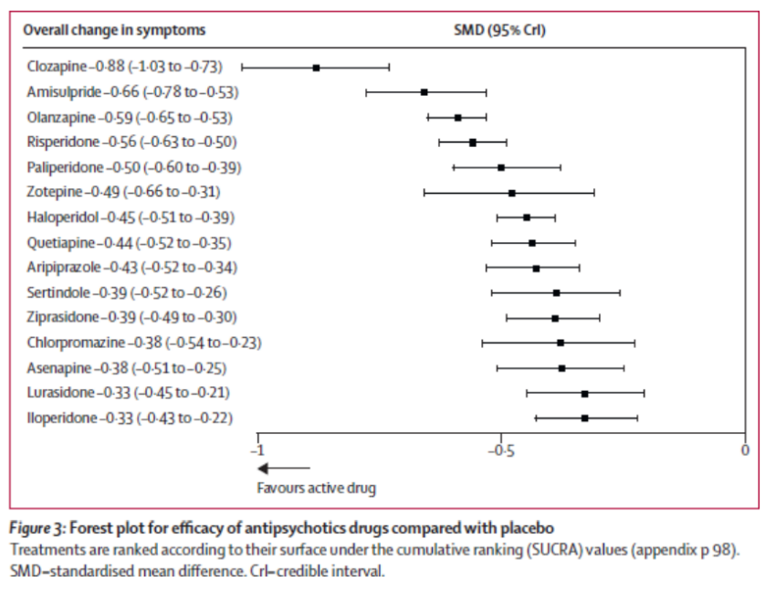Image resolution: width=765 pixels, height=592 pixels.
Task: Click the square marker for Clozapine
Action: [x=316, y=68]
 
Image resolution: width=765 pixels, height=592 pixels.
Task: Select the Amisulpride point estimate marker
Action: [x=424, y=92]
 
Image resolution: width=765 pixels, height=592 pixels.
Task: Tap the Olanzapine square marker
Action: [x=458, y=118]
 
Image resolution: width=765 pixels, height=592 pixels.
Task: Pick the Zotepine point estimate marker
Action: [x=512, y=193]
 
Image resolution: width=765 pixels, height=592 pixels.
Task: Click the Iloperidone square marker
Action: [x=584, y=418]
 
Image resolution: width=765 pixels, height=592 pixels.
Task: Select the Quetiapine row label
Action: [x=130, y=243]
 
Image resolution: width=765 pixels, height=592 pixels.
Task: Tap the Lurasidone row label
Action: [x=129, y=393]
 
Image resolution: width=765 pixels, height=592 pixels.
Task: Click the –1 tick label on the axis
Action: [x=257, y=451]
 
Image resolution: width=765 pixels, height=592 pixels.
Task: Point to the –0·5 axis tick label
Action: [x=500, y=451]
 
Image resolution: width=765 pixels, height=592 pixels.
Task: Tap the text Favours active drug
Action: [x=316, y=487]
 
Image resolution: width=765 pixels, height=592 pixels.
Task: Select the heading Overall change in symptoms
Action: [x=114, y=30]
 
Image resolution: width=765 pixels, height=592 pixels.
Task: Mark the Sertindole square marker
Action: [x=556, y=293]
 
